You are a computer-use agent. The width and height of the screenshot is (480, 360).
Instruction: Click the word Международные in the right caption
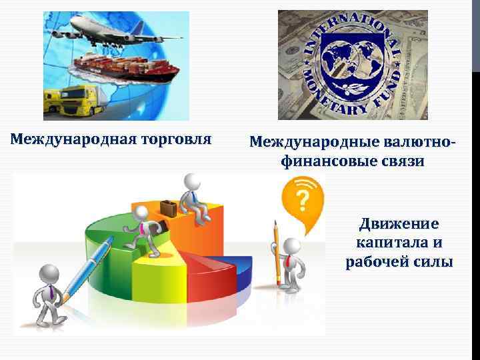[x=307, y=142]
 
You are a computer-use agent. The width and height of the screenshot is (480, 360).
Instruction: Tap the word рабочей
[x=375, y=262]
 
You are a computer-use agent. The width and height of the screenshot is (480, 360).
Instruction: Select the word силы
[x=432, y=262]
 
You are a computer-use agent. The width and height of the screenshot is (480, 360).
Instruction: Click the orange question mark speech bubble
[x=302, y=197]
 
